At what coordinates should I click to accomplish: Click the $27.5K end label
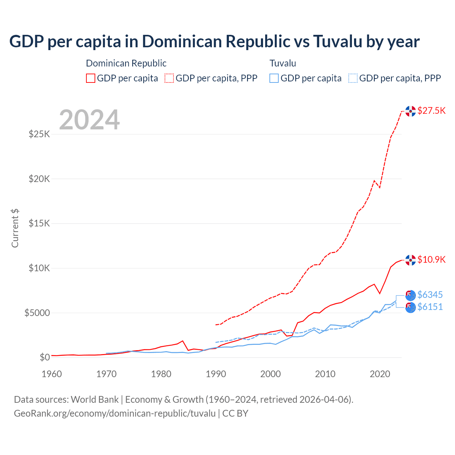pos(431,111)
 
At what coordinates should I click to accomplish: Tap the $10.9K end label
pos(431,259)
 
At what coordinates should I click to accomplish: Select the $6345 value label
pos(430,295)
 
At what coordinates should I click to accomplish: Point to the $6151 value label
pos(430,307)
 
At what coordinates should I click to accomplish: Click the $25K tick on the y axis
pos(39,134)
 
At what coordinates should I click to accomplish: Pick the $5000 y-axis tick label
pos(37,313)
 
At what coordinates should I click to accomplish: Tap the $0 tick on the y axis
pos(44,357)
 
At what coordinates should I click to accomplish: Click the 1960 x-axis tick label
pos(52,374)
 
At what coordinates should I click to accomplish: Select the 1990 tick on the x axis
pos(216,374)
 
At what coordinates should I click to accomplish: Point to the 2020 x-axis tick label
pos(380,374)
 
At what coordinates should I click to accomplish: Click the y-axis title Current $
pos(15,228)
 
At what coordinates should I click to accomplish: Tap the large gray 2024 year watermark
pos(89,120)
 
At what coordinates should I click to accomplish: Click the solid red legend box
pos(91,78)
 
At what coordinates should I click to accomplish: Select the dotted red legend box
pos(169,78)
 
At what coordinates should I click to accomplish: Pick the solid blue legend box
pos(274,78)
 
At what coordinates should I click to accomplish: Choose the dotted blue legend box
pos(353,78)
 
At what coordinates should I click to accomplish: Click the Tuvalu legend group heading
pos(283,63)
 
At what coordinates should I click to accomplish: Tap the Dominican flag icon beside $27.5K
pos(411,111)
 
